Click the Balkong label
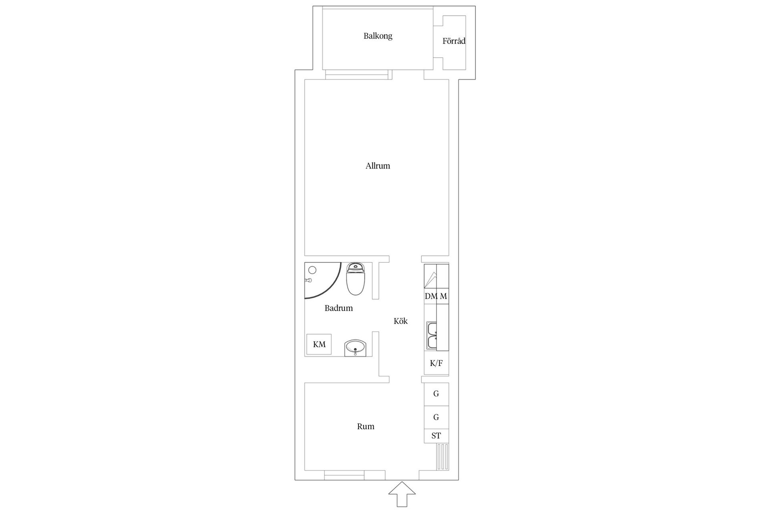pyautogui.click(x=378, y=36)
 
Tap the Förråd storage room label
pyautogui.click(x=454, y=41)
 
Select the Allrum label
pyautogui.click(x=378, y=166)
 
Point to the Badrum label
pyautogui.click(x=338, y=308)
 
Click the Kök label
pyautogui.click(x=401, y=321)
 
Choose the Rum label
pyautogui.click(x=366, y=426)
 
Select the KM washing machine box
pyautogui.click(x=319, y=344)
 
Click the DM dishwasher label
pyautogui.click(x=431, y=296)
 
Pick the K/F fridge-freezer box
pyautogui.click(x=436, y=364)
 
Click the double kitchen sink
pyautogui.click(x=432, y=335)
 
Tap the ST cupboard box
pyautogui.click(x=436, y=436)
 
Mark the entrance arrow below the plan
pyautogui.click(x=402, y=495)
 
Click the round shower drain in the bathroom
pyautogui.click(x=312, y=270)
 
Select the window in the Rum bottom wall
pyautogui.click(x=344, y=476)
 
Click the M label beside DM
pyautogui.click(x=443, y=296)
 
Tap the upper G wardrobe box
pyautogui.click(x=436, y=394)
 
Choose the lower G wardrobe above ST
pyautogui.click(x=436, y=418)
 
